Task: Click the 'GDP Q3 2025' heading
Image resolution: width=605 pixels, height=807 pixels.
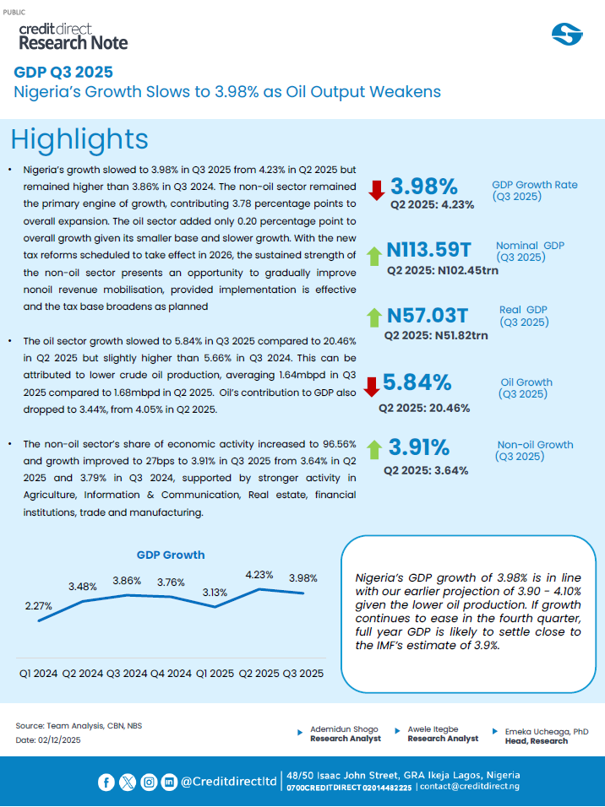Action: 63,73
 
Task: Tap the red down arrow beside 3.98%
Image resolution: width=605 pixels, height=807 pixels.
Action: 376,189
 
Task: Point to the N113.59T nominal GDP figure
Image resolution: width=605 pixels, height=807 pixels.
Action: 429,250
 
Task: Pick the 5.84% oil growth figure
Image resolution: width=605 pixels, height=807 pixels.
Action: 417,382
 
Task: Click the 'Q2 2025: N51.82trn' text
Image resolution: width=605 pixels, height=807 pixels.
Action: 436,336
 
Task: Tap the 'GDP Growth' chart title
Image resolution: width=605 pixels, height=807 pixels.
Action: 171,555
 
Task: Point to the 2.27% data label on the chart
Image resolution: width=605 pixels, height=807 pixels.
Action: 39,605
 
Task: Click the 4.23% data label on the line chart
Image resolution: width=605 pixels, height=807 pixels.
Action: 259,575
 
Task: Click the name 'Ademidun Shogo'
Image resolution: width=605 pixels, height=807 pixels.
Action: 346,728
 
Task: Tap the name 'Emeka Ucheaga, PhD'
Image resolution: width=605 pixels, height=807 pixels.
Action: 546,731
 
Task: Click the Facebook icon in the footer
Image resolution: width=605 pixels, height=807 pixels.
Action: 106,782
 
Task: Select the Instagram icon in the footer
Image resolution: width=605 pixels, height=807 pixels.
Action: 149,782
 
